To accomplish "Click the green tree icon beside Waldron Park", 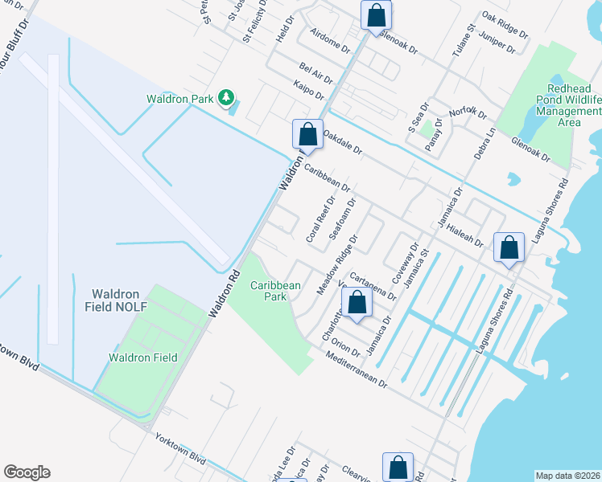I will tap(226, 99).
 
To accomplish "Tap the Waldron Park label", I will tap(179, 99).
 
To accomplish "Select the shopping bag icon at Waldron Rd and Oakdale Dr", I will tap(307, 134).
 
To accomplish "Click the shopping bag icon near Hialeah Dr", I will tap(509, 247).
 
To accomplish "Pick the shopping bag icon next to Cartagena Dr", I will tap(357, 302).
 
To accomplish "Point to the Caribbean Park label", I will tap(275, 290).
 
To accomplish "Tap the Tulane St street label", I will tap(460, 40).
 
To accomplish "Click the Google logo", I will tap(27, 472).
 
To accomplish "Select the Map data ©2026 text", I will tap(568, 476).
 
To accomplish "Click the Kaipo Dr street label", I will tap(308, 89).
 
